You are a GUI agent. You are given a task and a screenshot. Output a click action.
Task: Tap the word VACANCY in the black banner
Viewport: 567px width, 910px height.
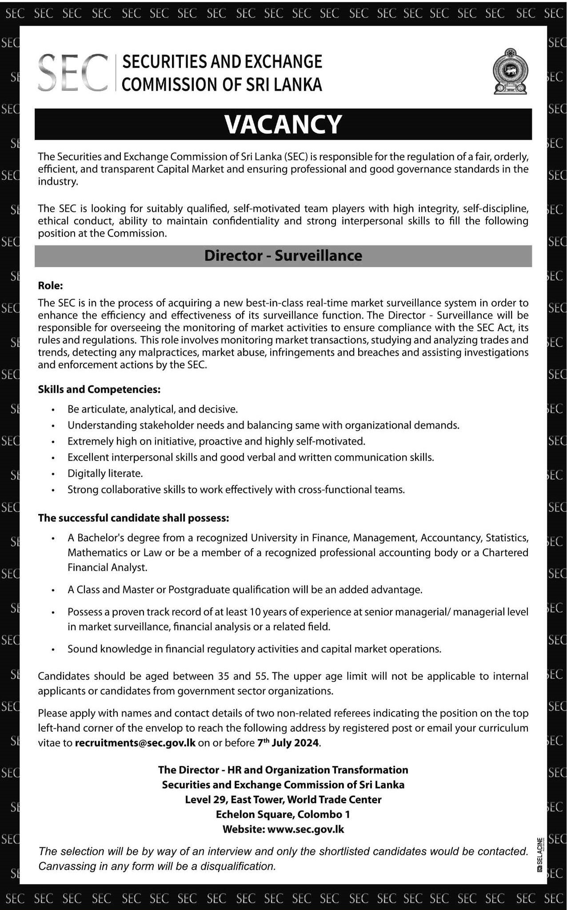(x=283, y=124)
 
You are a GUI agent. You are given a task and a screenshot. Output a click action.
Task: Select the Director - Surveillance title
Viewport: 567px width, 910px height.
(x=283, y=256)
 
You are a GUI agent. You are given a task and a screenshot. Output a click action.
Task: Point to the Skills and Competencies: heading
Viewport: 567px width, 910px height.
(x=99, y=389)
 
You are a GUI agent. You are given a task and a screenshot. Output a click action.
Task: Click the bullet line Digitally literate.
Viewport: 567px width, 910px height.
(x=105, y=473)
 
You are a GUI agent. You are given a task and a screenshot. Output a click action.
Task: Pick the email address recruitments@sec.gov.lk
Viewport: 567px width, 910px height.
(x=136, y=743)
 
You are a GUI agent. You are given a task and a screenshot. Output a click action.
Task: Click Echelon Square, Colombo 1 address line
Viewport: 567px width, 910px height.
(x=283, y=814)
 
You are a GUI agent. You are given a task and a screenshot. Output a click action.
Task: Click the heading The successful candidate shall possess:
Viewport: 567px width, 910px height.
(x=134, y=518)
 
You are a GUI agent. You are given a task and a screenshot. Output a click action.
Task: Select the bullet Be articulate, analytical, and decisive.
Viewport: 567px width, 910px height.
(x=153, y=409)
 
